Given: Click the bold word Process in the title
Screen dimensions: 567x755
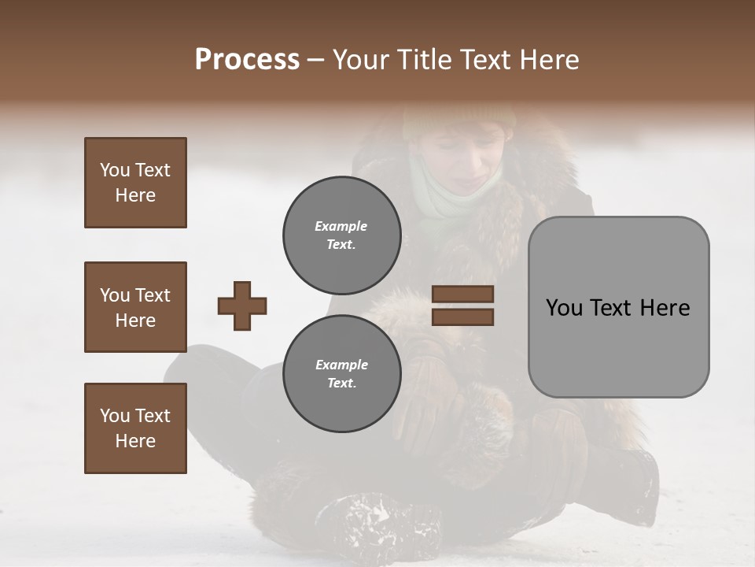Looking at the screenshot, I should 247,60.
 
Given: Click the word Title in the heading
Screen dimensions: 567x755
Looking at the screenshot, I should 425,60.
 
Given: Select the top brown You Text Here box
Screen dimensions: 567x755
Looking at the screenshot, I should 135,183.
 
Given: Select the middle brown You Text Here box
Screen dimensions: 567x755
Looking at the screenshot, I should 135,307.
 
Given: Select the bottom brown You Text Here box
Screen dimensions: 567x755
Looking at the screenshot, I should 135,428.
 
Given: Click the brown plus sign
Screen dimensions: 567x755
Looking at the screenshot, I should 242,306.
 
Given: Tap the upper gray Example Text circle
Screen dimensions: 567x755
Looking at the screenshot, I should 341,235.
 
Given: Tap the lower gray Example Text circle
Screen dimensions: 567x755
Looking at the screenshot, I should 341,374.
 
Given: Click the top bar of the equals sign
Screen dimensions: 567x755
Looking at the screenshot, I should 462,295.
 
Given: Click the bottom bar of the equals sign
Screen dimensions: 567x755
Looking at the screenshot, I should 462,317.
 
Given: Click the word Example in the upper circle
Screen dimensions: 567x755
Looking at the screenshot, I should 341,226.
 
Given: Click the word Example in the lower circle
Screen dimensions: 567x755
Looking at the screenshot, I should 341,365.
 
